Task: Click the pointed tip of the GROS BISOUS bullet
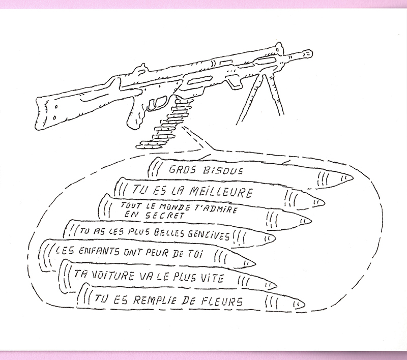pos(351,178)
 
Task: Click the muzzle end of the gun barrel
pos(309,51)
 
